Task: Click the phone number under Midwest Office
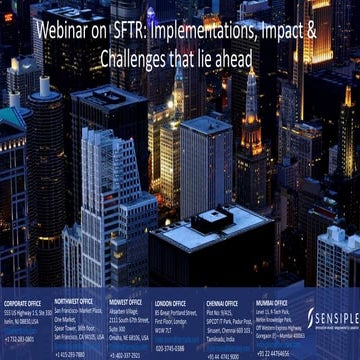click(x=125, y=354)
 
